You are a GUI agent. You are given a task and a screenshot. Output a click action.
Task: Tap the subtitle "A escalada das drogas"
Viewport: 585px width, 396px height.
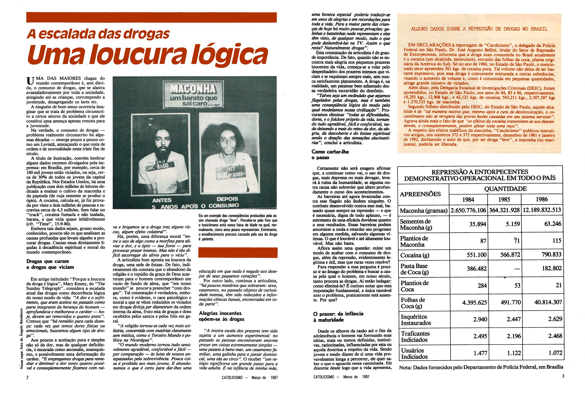click(98, 33)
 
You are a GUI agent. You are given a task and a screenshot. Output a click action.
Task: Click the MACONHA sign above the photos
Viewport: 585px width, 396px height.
click(193, 94)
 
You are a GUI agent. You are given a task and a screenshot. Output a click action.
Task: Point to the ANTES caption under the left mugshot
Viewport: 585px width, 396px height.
click(162, 200)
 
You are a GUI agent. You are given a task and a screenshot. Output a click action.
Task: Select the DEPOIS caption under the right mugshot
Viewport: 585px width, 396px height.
click(227, 199)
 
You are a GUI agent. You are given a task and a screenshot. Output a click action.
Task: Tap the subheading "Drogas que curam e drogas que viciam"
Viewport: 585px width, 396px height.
click(50, 264)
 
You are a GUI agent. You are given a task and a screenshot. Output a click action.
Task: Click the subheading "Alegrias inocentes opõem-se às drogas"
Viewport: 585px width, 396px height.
click(222, 316)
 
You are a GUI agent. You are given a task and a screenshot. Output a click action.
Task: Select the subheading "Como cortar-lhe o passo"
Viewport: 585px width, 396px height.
click(330, 154)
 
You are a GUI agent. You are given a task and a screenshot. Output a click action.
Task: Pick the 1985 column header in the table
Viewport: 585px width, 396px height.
click(504, 200)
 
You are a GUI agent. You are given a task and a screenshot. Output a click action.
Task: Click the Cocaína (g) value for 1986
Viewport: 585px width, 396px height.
click(552, 255)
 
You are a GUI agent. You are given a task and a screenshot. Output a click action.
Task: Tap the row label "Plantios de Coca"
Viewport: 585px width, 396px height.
click(414, 286)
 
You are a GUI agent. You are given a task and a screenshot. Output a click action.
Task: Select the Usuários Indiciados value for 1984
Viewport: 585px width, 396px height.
click(479, 353)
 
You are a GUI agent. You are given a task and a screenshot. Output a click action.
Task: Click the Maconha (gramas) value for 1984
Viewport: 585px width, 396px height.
click(468, 210)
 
